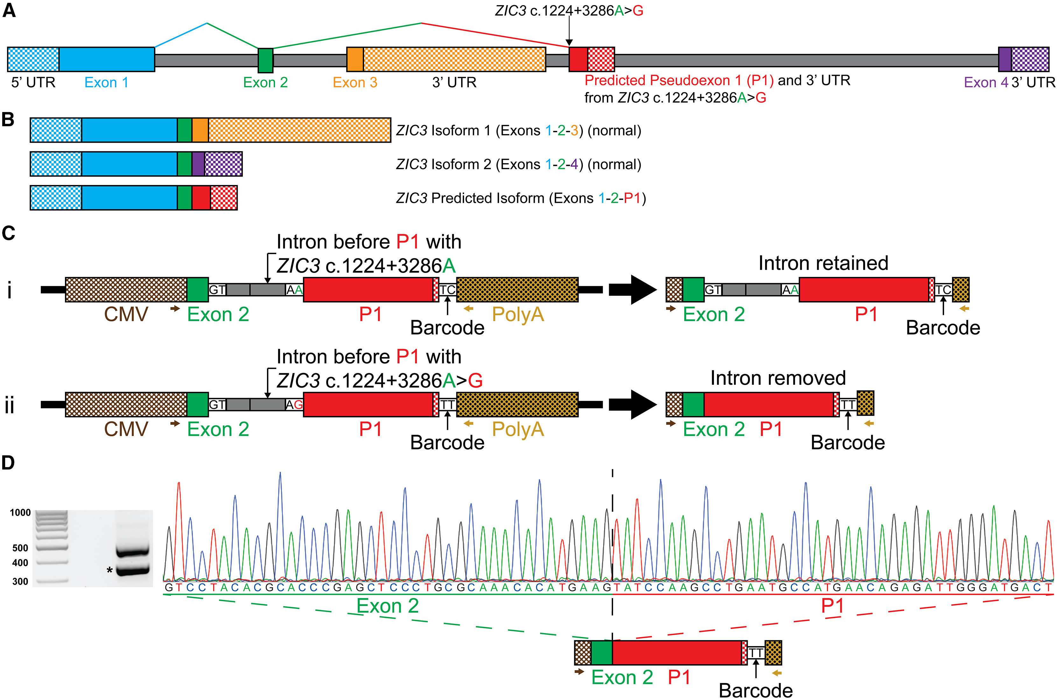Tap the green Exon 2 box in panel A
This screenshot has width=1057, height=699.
click(265, 60)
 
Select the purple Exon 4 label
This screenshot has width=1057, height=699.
click(986, 82)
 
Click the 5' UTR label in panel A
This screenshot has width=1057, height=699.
click(33, 82)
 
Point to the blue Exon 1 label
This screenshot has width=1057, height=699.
click(106, 82)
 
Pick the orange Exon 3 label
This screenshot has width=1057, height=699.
click(355, 82)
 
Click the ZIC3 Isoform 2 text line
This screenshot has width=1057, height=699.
click(518, 165)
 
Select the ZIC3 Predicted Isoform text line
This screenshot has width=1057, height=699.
click(521, 198)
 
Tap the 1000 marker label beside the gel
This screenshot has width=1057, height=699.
click(20, 513)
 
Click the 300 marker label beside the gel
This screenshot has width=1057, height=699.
click(20, 581)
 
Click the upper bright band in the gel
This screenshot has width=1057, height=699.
click(132, 552)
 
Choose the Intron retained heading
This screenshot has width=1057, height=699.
click(823, 263)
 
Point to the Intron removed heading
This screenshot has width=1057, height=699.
click(778, 378)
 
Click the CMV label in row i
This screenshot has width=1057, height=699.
click(126, 314)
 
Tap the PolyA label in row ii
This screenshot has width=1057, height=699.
click(518, 429)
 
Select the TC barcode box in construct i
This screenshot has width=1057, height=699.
click(447, 290)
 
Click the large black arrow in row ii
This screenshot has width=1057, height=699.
click(632, 404)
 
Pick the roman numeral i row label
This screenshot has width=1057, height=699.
click(10, 290)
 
